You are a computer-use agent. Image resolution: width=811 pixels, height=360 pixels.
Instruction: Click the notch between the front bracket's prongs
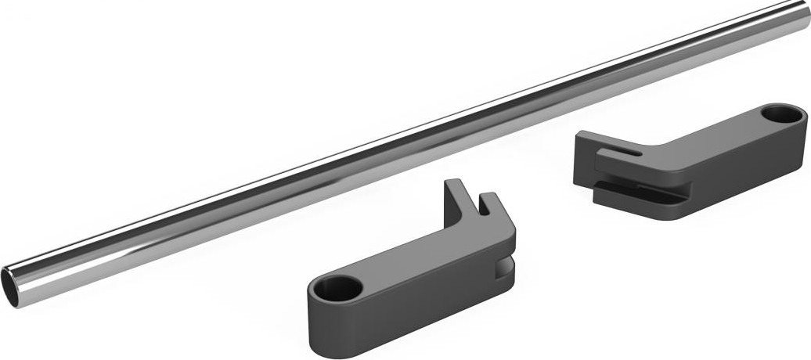(473, 213)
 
